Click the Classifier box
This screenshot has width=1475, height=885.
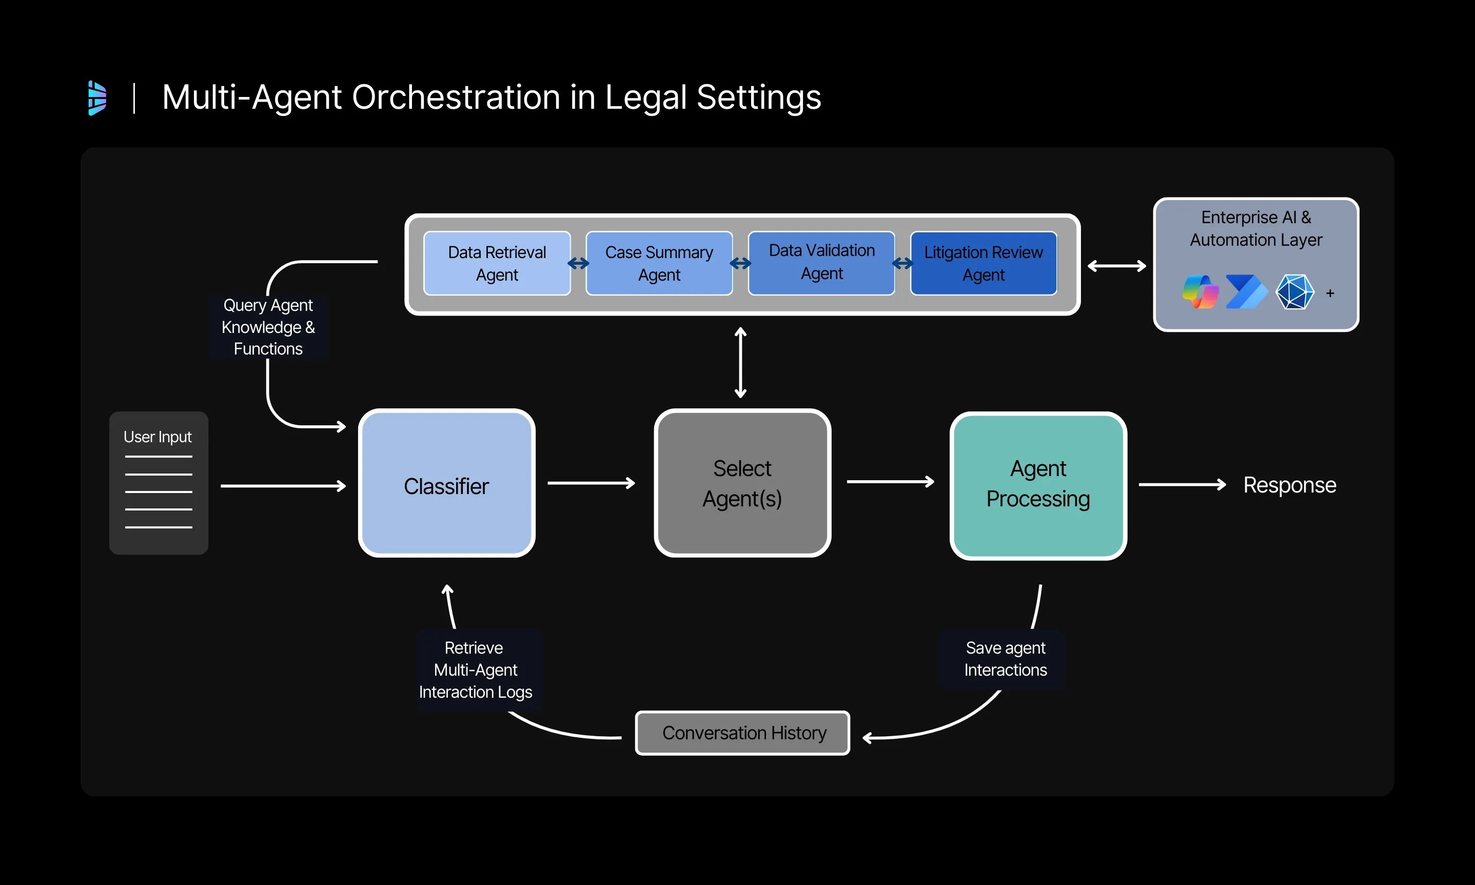point(446,484)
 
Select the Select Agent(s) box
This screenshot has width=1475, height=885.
point(742,484)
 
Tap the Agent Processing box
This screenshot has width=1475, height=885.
point(1037,485)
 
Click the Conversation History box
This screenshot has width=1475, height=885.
point(742,733)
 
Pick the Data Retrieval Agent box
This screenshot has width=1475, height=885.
point(497,263)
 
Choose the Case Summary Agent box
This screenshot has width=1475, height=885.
point(659,263)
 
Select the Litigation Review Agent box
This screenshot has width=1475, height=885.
point(983,263)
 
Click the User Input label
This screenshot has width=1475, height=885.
point(158,437)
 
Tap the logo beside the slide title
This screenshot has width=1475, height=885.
point(97,98)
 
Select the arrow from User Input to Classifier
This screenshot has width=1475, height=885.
point(283,486)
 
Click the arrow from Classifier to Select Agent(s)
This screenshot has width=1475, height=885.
point(590,483)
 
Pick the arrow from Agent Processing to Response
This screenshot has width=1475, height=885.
point(1181,485)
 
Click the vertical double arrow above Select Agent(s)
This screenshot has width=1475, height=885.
point(740,362)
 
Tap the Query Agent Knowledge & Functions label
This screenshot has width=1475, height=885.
point(268,327)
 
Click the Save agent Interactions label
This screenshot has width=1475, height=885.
point(1005,659)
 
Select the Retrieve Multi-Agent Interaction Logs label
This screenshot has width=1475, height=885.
point(475,670)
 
